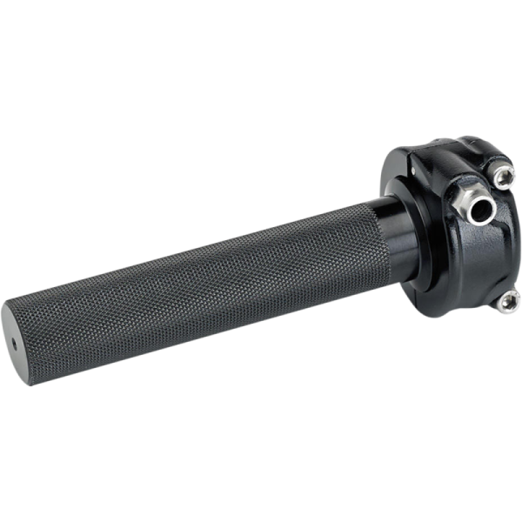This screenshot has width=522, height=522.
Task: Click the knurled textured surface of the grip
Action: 191,287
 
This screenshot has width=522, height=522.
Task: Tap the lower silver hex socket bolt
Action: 508,301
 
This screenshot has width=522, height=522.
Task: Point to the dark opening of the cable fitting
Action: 476,208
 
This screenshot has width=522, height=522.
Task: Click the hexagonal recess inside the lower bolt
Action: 509,301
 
